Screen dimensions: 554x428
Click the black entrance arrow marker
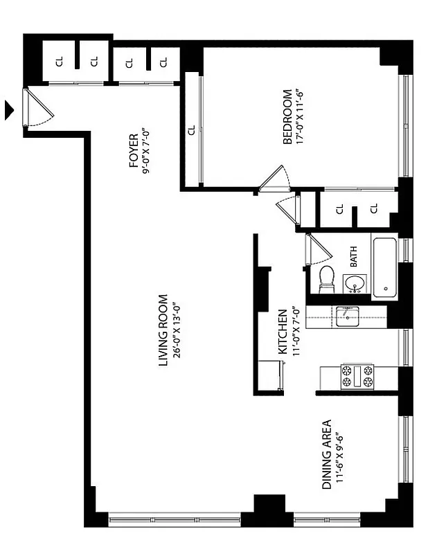click(x=9, y=109)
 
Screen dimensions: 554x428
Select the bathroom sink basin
click(x=356, y=284)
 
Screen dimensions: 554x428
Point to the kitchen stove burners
click(x=356, y=377)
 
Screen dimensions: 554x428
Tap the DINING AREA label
click(x=326, y=454)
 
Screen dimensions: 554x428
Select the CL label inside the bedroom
click(x=191, y=129)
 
